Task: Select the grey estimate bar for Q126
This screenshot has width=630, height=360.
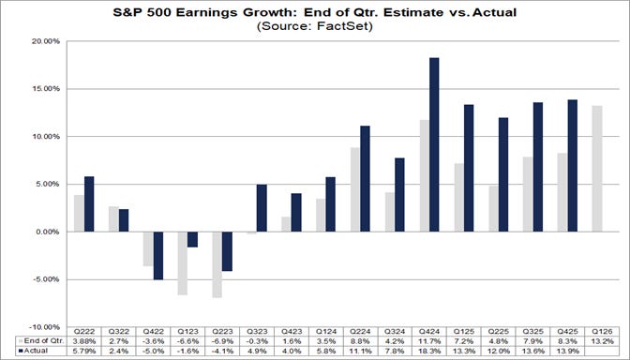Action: coord(597,169)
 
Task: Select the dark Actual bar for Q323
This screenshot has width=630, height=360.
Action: coord(262,208)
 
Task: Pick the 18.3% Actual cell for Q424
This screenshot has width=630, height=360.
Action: coord(427,352)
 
